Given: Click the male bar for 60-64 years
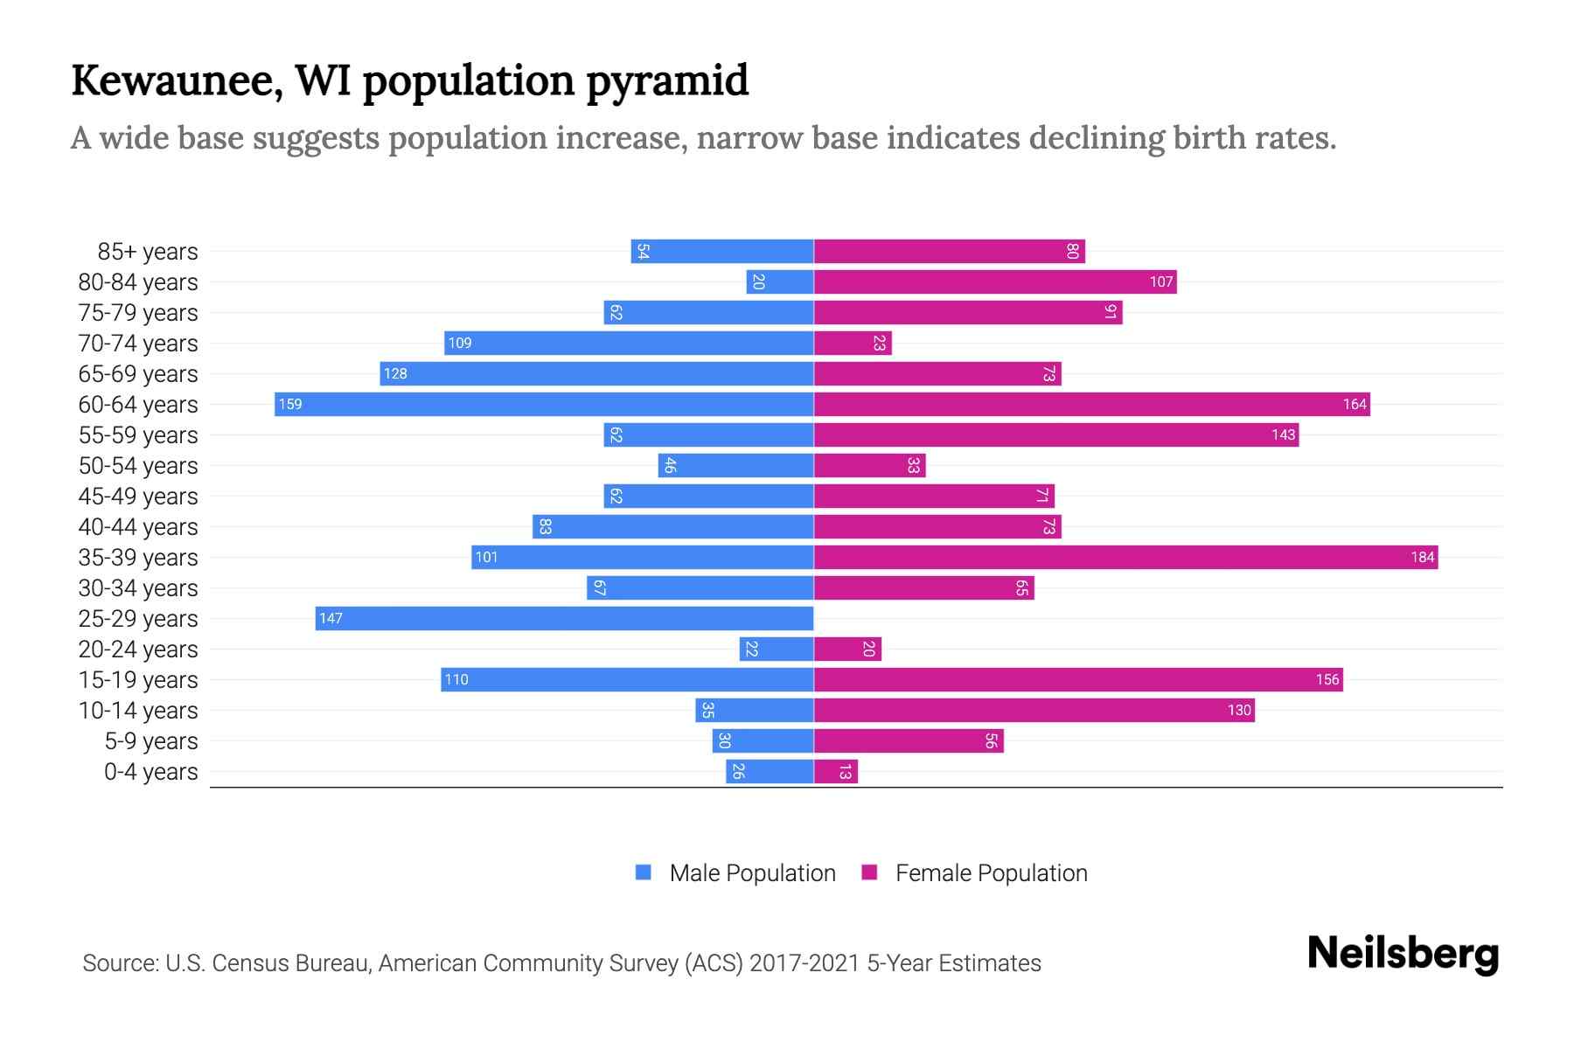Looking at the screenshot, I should coord(544,404).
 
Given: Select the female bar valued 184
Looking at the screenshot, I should coord(1125,557).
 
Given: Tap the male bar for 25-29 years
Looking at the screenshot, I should coord(564,618).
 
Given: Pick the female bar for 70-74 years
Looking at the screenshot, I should coord(853,343).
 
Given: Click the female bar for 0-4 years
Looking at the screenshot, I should coord(836,771).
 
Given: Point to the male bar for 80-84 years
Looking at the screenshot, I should coord(780,281).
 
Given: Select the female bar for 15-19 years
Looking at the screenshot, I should coord(1078,679).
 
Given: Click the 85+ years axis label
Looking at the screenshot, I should coord(147,252).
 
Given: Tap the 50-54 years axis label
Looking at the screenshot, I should coord(138,466).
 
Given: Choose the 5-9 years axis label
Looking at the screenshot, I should coord(150,741).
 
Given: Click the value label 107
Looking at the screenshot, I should coord(1160,281).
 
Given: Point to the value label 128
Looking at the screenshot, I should coord(395,373).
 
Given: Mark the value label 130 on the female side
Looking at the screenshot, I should coord(1238,710).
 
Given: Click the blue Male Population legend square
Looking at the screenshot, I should coord(644,872).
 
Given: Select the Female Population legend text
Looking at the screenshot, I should coord(991,872).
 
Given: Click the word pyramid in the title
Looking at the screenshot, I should coord(666,82).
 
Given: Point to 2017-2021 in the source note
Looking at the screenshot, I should coord(804,963).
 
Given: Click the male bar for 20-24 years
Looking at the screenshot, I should coord(777,649).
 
